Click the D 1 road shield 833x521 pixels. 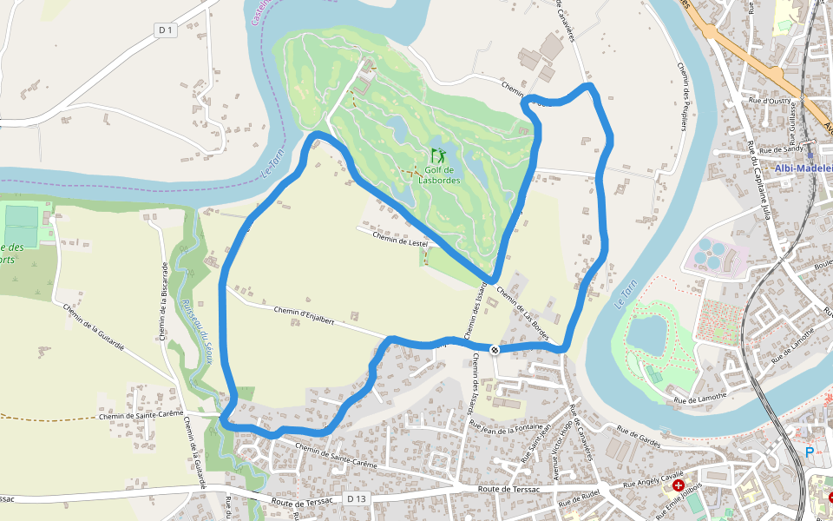166,30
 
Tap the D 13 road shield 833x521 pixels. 357,498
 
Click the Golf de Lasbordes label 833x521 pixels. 439,175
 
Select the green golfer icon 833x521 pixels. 438,155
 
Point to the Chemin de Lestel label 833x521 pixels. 403,237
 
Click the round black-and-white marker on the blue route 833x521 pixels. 494,350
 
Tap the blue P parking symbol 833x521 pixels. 810,452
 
